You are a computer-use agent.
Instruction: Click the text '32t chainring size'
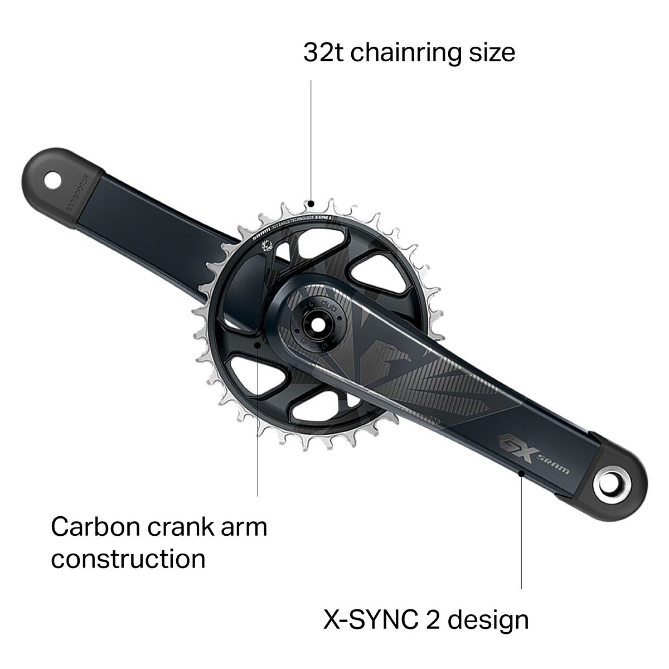coord(409,52)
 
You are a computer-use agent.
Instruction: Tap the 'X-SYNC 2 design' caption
coord(426,619)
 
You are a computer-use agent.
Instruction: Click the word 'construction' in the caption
coord(128,559)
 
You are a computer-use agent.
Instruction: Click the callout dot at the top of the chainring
coord(312,203)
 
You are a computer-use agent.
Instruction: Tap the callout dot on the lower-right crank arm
coord(521,473)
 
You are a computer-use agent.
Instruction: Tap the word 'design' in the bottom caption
coord(492,619)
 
